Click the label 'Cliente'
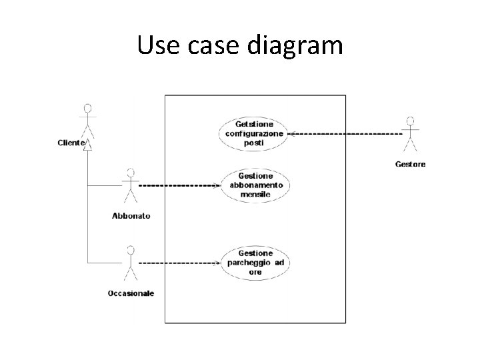pyautogui.click(x=71, y=142)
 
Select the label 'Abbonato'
pyautogui.click(x=131, y=215)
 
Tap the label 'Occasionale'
pyautogui.click(x=131, y=293)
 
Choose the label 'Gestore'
pyautogui.click(x=411, y=164)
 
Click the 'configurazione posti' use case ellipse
pyautogui.click(x=254, y=133)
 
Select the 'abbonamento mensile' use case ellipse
pyautogui.click(x=256, y=185)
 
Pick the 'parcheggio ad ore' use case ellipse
pyautogui.click(x=255, y=263)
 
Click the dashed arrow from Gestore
pyautogui.click(x=347, y=133)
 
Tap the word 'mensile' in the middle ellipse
pyautogui.click(x=256, y=194)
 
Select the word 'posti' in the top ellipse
pyautogui.click(x=254, y=143)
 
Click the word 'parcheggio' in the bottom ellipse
pyautogui.click(x=248, y=263)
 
